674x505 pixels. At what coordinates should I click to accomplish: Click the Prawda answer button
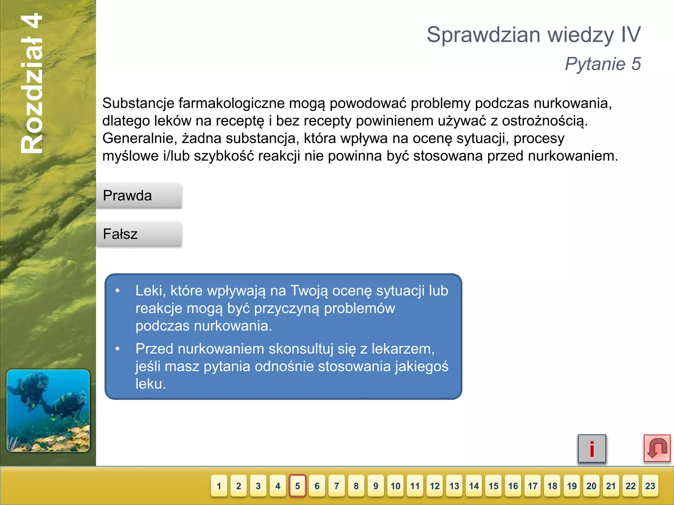pos(139,196)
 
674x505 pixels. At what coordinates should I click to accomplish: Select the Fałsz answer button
pos(139,234)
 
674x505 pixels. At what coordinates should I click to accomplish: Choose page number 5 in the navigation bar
pos(298,486)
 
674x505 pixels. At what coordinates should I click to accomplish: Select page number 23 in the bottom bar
pos(650,486)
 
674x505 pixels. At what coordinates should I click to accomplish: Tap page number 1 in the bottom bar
pos(219,486)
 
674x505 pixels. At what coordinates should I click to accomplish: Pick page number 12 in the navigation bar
pos(435,486)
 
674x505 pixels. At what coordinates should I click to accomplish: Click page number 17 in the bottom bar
pos(532,486)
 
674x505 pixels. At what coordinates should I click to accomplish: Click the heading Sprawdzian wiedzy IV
pos(533,35)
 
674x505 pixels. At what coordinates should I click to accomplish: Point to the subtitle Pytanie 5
pos(603,64)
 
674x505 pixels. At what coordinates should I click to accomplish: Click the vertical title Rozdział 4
pos(32,84)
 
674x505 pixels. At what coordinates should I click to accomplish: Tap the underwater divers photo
pos(48,411)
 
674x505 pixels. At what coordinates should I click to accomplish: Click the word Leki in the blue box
pos(150,291)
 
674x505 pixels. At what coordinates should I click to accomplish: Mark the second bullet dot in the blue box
pos(117,349)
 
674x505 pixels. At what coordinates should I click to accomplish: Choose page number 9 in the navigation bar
pos(376,486)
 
